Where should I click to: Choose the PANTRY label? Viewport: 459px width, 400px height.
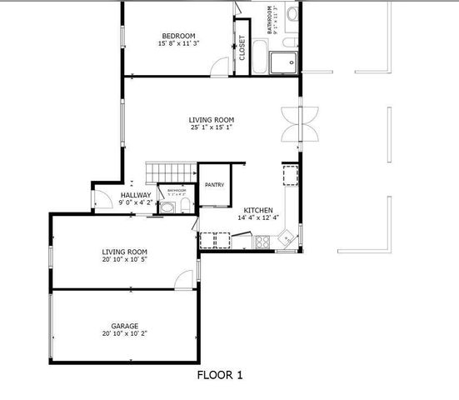pyautogui.click(x=212, y=184)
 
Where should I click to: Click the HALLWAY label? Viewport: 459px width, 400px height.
pyautogui.click(x=135, y=194)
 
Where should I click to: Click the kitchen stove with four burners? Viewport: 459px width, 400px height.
pyautogui.click(x=262, y=242)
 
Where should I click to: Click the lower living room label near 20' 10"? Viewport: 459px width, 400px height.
pyautogui.click(x=125, y=252)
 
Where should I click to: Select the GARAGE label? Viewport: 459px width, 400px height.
pyautogui.click(x=125, y=326)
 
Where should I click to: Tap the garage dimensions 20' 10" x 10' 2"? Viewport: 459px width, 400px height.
pyautogui.click(x=125, y=333)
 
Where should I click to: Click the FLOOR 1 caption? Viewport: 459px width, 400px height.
pyautogui.click(x=220, y=376)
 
